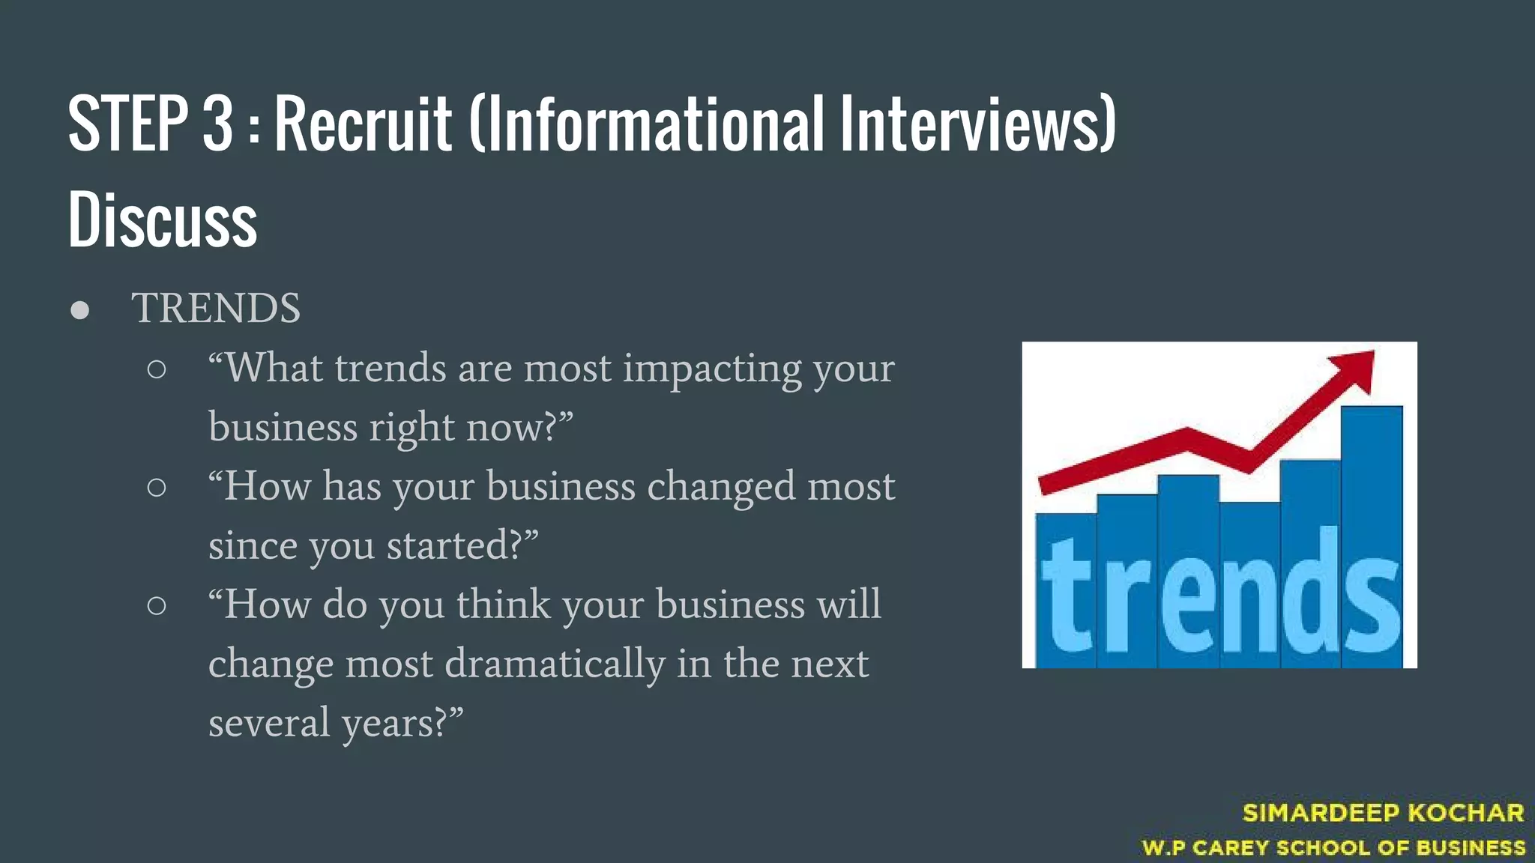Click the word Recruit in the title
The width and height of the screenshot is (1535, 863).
[x=364, y=124]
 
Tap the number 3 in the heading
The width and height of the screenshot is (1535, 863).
[x=217, y=124]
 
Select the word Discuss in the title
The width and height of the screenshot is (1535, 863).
[x=163, y=219]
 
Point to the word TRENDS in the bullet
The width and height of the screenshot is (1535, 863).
[x=216, y=308]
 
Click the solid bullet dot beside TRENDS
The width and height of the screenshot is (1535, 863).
[x=80, y=310]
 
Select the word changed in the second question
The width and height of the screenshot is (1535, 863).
[x=720, y=486]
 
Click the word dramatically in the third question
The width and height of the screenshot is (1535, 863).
[x=555, y=664]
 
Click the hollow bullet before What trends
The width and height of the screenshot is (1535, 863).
[x=157, y=369]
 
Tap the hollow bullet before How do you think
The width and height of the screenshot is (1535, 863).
[x=157, y=605]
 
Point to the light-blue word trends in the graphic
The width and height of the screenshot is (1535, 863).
[x=1220, y=592]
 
